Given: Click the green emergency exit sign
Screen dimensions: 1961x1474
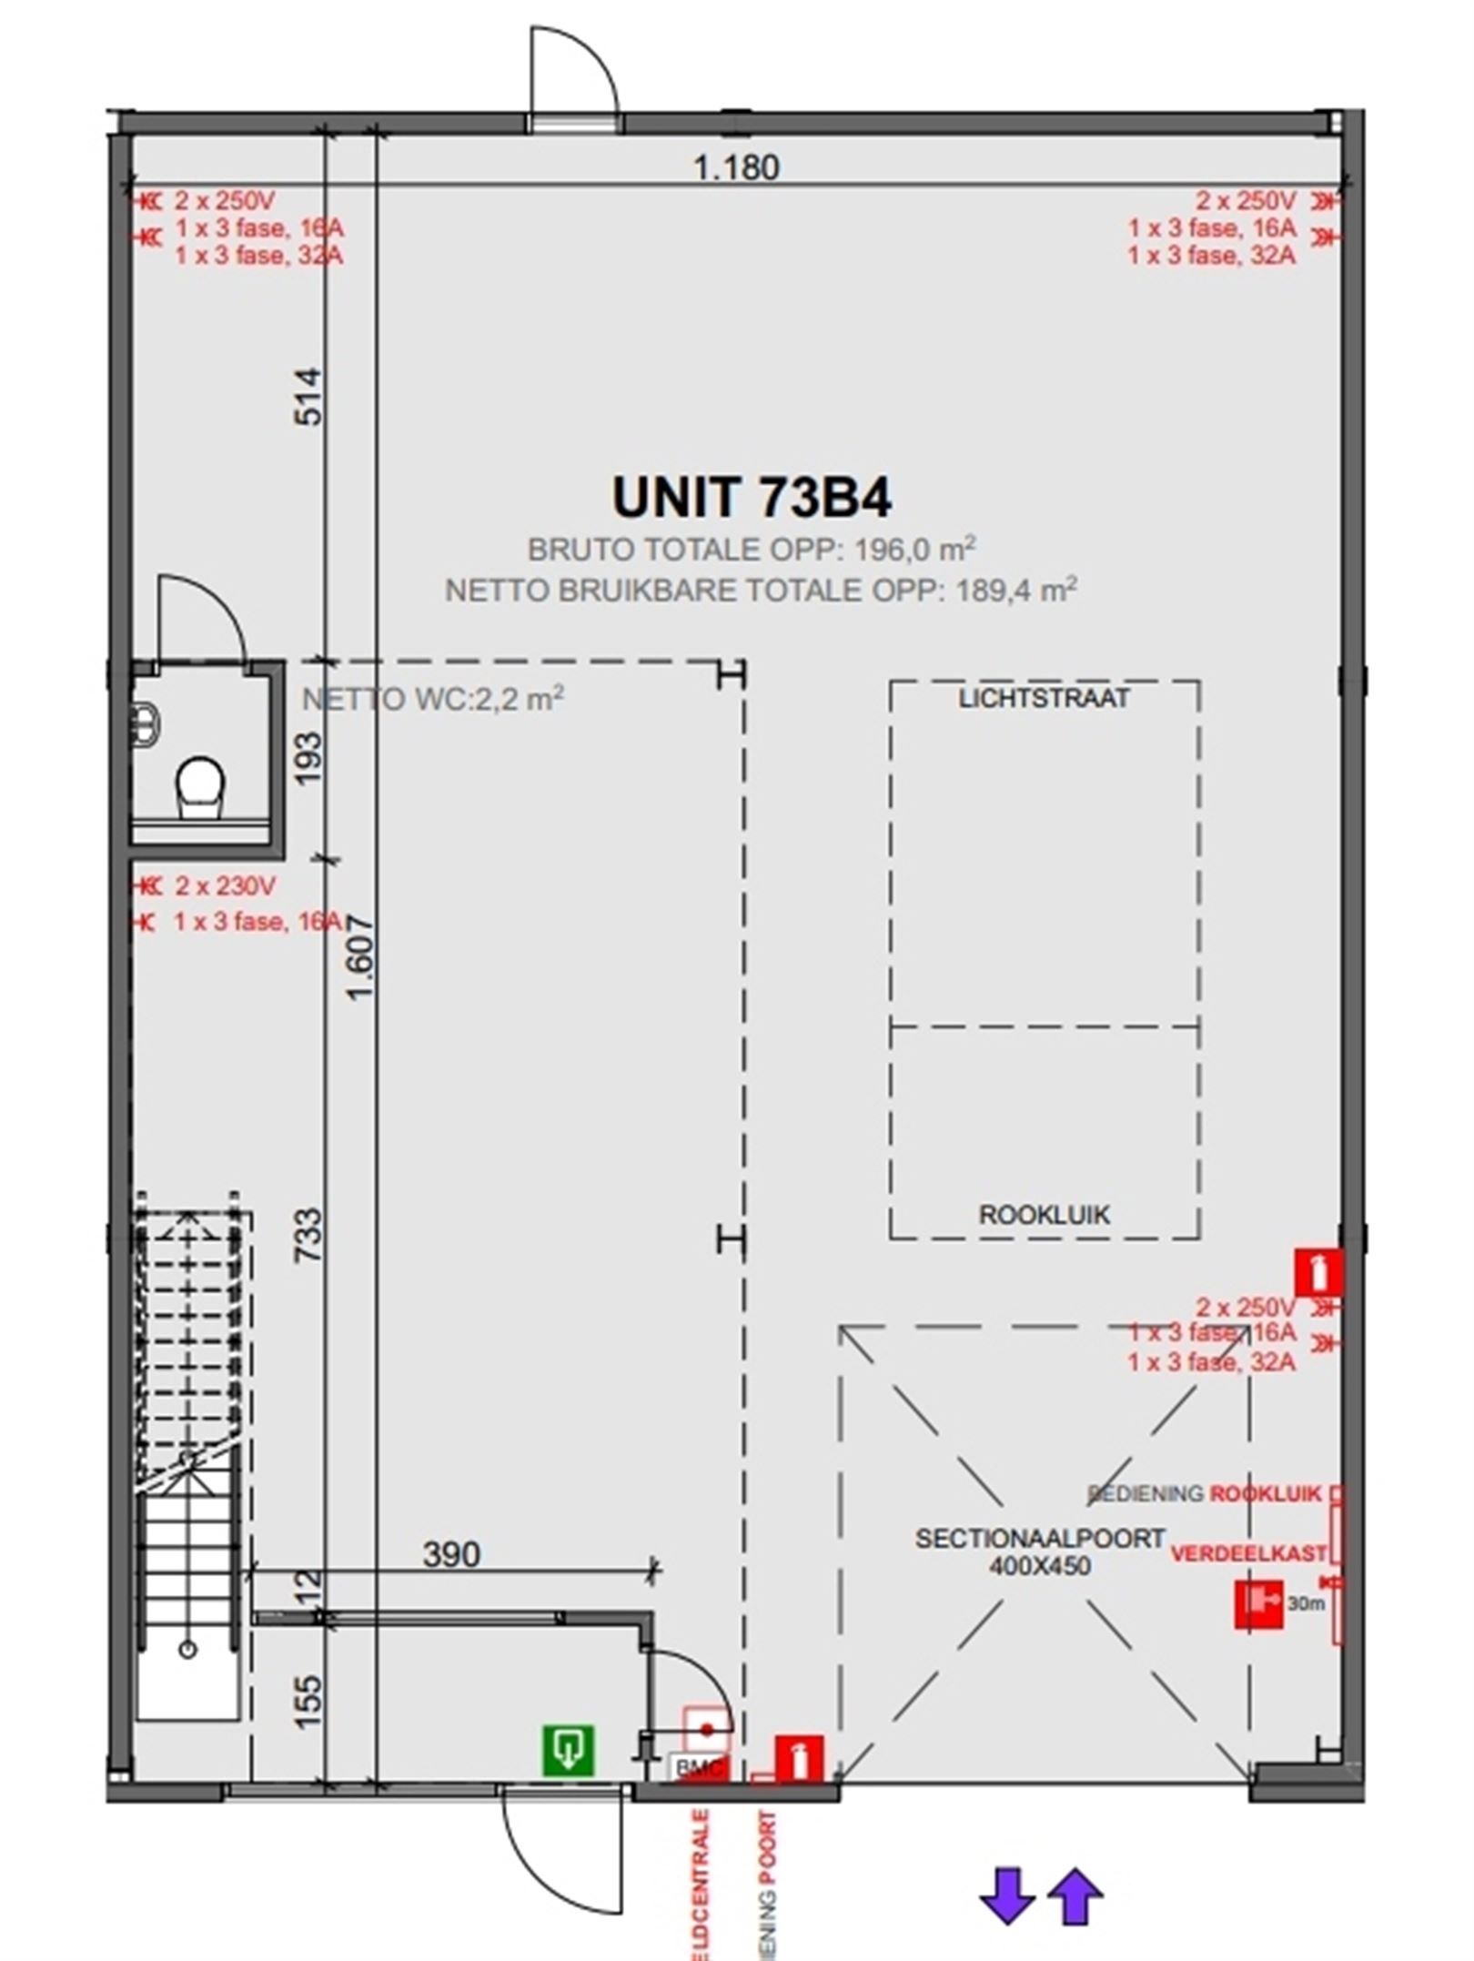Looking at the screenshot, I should (x=569, y=1750).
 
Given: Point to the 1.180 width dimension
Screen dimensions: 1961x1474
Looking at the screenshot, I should (x=736, y=167).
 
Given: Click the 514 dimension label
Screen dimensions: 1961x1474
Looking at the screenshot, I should (x=309, y=396).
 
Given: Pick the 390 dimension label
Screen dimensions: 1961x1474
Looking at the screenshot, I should (x=451, y=1554).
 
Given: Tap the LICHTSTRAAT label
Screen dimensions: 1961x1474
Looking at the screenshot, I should (x=1044, y=699).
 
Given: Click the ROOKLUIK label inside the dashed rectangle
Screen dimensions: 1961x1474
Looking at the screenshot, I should (x=1044, y=1215).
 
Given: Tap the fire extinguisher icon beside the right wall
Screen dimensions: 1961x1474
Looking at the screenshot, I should (x=1318, y=1271).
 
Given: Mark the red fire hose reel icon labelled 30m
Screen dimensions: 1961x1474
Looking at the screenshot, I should (x=1258, y=1603).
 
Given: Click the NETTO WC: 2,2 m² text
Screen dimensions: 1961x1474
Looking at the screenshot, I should (x=432, y=700).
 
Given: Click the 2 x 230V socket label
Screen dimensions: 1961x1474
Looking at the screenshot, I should (x=226, y=885).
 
